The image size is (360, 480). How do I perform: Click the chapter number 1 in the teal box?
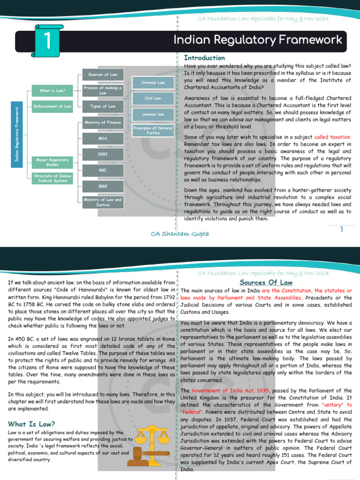click(47, 42)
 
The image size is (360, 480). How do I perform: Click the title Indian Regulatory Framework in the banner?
click(258, 40)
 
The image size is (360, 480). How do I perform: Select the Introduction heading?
click(204, 58)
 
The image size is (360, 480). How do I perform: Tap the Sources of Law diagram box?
click(103, 75)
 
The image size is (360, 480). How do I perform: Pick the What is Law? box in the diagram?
click(52, 90)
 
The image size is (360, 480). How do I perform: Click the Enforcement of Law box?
click(52, 106)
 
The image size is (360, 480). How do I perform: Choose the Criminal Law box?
click(153, 82)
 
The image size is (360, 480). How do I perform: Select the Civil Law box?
click(153, 98)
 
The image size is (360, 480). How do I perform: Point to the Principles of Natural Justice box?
click(153, 130)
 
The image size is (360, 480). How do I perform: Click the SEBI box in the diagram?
click(103, 154)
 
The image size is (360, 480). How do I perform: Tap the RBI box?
click(103, 170)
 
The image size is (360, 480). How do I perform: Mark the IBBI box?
click(103, 186)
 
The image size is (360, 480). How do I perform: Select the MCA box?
click(103, 139)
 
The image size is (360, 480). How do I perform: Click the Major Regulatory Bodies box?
click(52, 162)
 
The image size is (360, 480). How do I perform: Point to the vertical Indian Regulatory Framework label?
click(17, 135)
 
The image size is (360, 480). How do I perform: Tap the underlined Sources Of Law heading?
click(266, 283)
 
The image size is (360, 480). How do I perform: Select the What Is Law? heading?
click(31, 423)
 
